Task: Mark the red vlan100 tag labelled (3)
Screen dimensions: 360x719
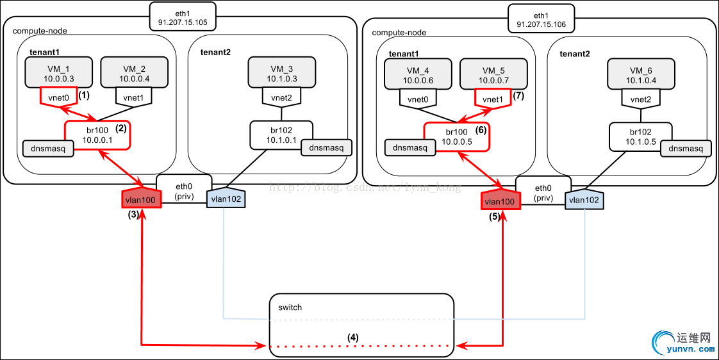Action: click(140, 199)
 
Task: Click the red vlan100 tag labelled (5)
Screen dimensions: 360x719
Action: click(500, 200)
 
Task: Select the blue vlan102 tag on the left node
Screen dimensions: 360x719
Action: click(225, 199)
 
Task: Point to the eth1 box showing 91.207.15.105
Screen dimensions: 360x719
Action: click(183, 17)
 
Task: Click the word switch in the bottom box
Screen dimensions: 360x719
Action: click(290, 307)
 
